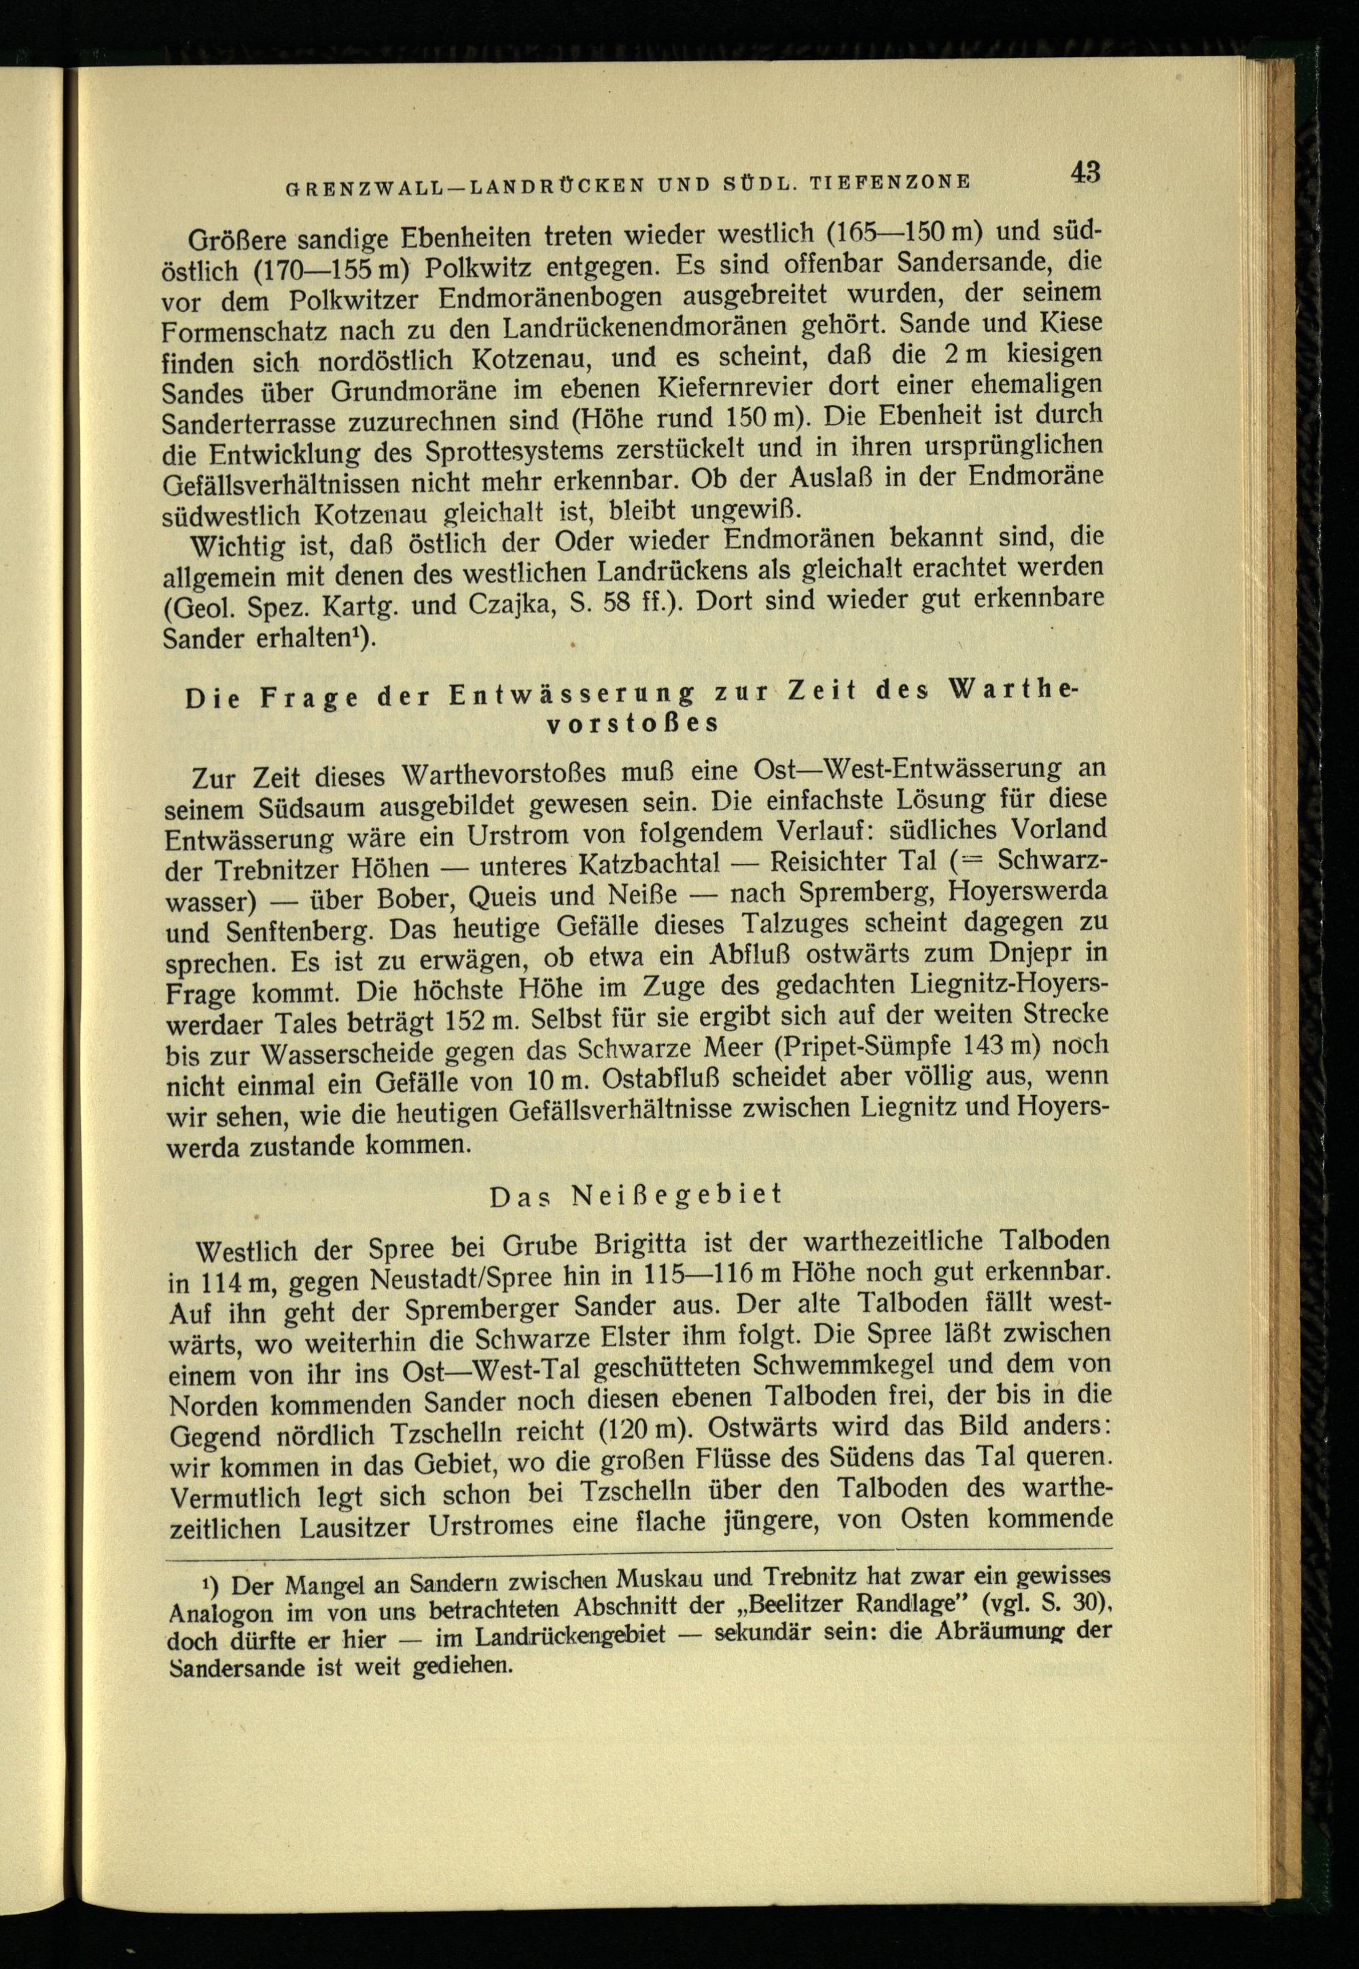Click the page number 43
pos(1086,173)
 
